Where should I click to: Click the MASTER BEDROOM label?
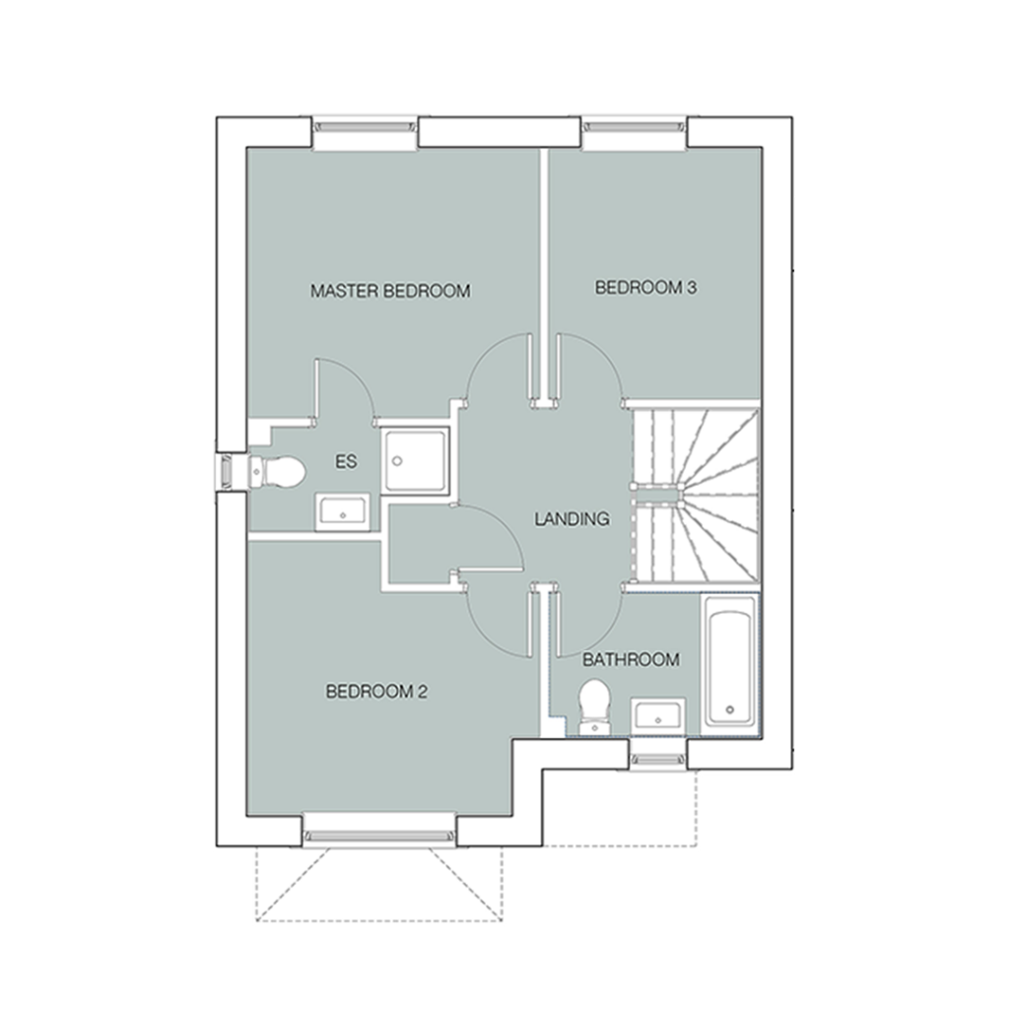390,291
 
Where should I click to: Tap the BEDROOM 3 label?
645,287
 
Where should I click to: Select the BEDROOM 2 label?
376,692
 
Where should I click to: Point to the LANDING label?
572,518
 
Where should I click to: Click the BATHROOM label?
631,659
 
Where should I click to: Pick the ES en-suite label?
346,461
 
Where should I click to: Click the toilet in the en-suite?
277,472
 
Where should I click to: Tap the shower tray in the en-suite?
415,461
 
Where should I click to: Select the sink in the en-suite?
342,512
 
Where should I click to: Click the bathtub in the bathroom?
730,661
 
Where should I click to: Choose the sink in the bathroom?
658,715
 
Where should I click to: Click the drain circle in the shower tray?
398,461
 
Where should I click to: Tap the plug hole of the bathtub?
730,709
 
